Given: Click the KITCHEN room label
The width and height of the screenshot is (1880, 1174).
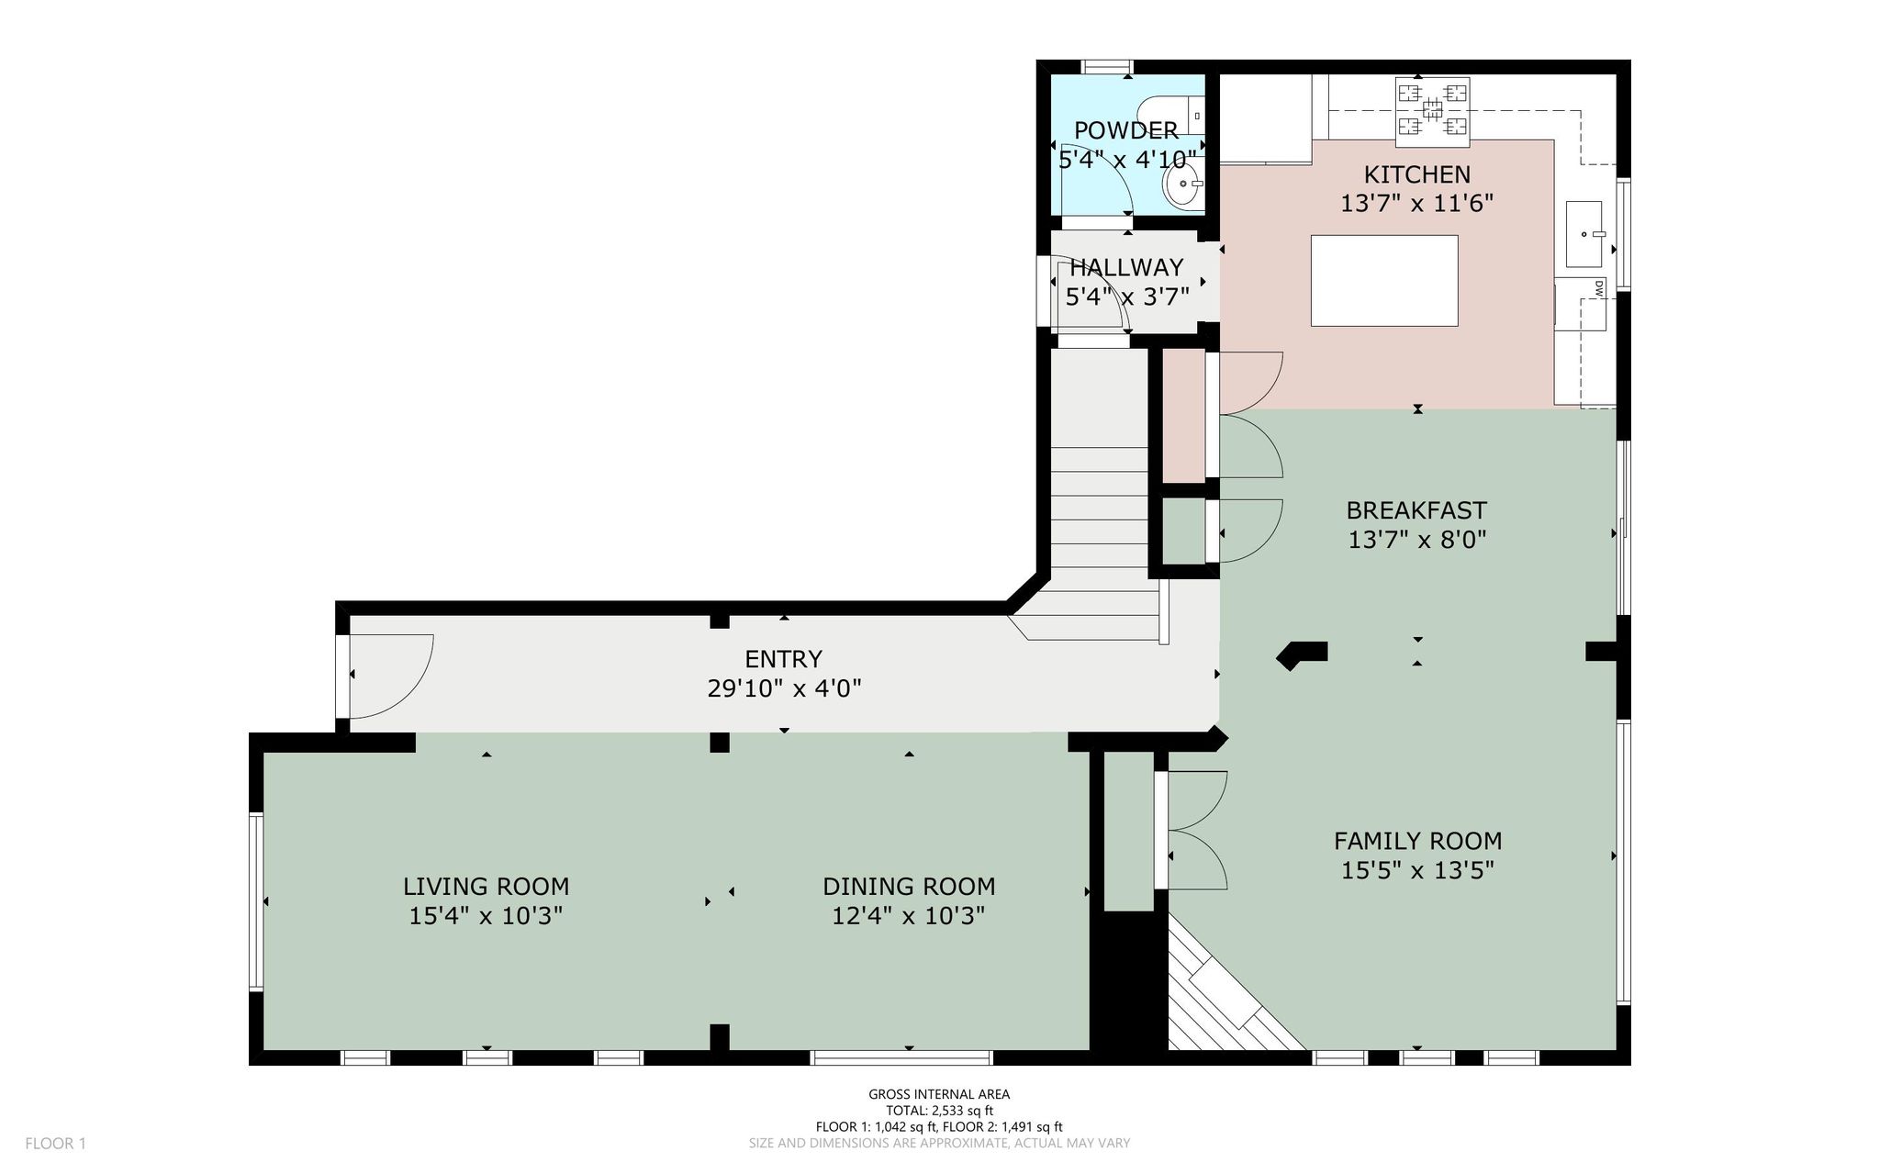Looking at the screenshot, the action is point(1416,174).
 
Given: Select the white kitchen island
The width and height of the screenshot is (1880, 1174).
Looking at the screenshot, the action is point(1383,281).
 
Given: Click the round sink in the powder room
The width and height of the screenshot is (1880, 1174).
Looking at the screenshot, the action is point(1182,183).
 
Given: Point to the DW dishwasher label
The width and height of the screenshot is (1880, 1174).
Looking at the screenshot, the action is point(1598,287).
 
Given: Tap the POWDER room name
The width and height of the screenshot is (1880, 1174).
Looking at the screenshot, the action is point(1126,130).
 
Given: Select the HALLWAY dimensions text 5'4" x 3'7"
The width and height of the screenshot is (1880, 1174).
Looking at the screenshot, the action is point(1127,296).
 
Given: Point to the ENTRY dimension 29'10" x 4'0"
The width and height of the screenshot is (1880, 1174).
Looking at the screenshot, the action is point(784,688).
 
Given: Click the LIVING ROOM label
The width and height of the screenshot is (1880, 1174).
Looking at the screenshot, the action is point(486,887).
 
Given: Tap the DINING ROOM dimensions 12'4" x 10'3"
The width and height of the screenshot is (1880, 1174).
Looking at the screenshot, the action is point(909,916).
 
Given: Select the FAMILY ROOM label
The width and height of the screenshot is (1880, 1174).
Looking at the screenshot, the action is point(1417,841).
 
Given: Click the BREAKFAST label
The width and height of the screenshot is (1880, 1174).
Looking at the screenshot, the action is point(1416,510).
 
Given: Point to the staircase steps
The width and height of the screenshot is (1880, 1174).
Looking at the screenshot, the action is point(1102,523).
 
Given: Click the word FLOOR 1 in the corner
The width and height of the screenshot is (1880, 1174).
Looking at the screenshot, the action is point(55,1144).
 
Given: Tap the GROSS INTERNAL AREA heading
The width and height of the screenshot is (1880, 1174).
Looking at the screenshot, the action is point(939,1094).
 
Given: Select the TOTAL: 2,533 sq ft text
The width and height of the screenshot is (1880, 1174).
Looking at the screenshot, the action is point(939,1111).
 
